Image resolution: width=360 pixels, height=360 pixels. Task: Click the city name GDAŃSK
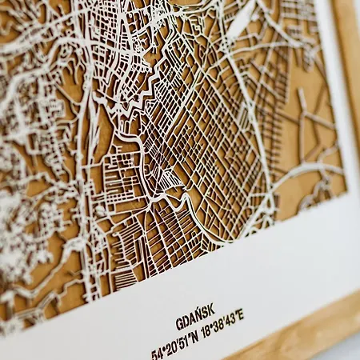pyautogui.click(x=196, y=325)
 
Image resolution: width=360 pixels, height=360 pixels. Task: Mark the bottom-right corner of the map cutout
pyautogui.click(x=346, y=192)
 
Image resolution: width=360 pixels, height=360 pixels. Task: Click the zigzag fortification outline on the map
pyautogui.click(x=144, y=88)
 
